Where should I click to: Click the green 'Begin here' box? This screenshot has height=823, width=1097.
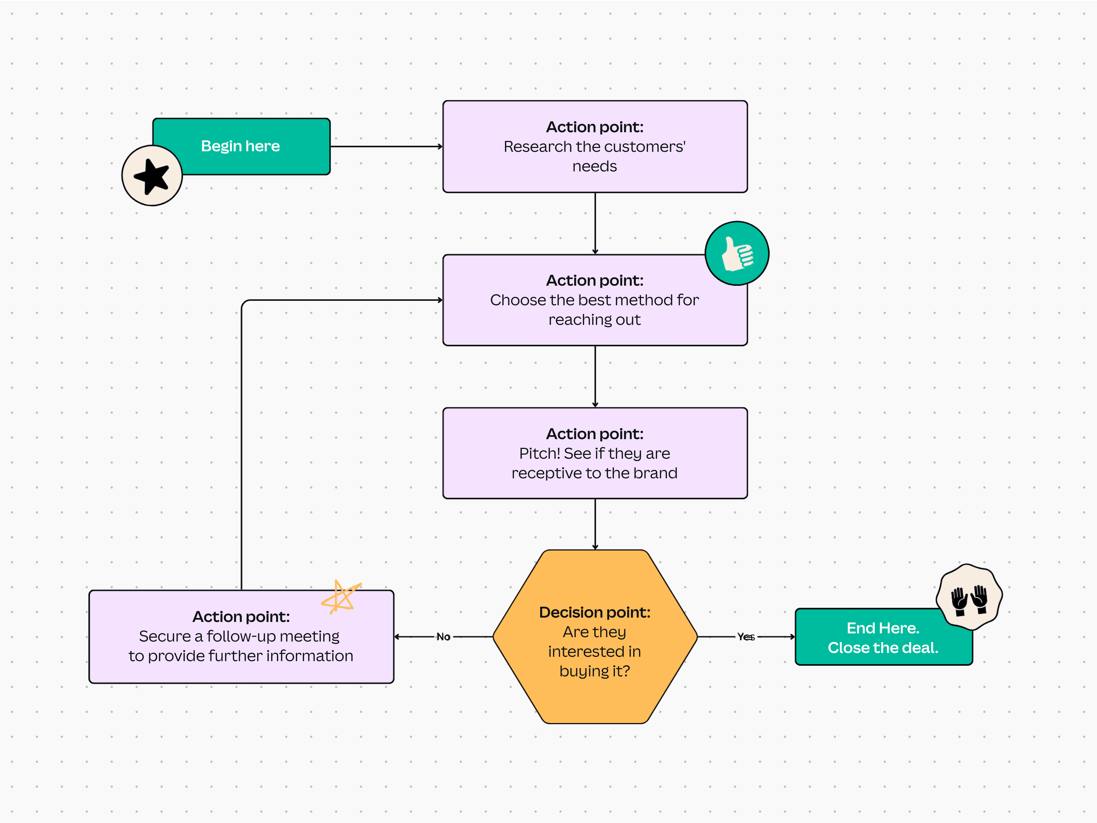[253, 146]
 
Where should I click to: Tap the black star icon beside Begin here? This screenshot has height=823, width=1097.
[152, 176]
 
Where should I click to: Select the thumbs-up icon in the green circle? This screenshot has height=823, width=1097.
[737, 253]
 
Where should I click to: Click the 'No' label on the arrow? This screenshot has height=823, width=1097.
[443, 637]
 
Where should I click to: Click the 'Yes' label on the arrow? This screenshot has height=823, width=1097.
[746, 637]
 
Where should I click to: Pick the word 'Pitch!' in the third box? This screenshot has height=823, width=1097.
[540, 453]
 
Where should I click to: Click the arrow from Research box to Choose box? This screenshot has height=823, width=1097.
[595, 223]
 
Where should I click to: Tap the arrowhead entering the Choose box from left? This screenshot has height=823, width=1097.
[439, 300]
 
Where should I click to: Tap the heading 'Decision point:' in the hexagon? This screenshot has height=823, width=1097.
[595, 612]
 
